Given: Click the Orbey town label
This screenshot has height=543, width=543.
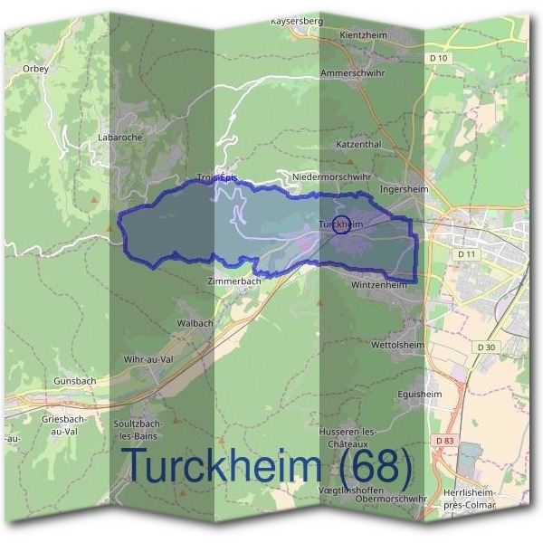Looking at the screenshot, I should point(35,68).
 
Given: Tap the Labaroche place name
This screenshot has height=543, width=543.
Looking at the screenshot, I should point(115,138).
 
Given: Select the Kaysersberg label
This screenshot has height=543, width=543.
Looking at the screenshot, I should point(296,20).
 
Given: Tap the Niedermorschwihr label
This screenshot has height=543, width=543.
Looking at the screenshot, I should point(331,176).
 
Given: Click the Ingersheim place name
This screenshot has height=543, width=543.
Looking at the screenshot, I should point(404,189).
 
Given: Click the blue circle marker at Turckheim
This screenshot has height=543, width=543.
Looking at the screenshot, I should point(341,225).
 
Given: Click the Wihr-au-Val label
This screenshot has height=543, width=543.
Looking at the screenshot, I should point(148,359).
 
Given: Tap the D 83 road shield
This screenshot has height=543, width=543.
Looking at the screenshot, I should point(443,441).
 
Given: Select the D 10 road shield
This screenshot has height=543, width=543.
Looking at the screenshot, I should point(440,58).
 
